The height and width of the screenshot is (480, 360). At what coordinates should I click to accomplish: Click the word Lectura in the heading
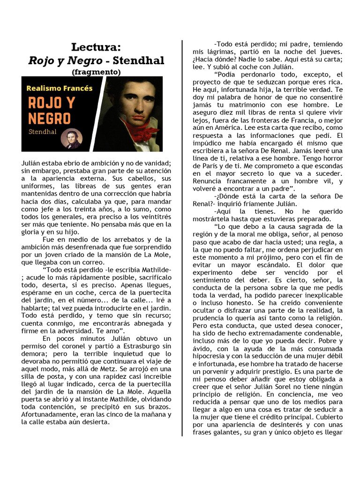(96, 47)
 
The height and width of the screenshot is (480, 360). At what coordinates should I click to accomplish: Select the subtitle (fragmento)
(96, 72)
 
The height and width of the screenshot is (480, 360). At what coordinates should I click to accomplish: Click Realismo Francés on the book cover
(60, 88)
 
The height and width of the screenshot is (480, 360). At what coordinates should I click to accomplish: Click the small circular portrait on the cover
(72, 138)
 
